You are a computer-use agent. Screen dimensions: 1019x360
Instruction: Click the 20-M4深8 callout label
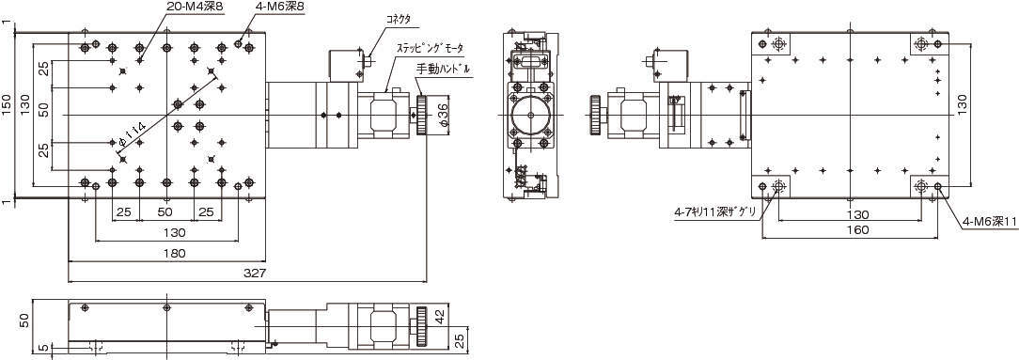(x=195, y=8)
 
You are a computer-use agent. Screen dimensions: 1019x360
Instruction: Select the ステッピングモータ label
(x=431, y=47)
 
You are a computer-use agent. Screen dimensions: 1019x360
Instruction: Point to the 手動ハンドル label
(x=443, y=68)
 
